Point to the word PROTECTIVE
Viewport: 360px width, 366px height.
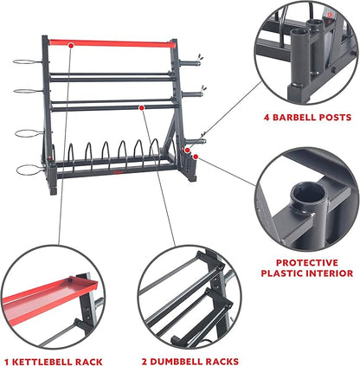click(x=307, y=263)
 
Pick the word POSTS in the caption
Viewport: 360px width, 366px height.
click(x=339, y=118)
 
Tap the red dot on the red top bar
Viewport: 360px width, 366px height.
click(x=71, y=45)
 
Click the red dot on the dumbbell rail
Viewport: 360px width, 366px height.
click(x=141, y=107)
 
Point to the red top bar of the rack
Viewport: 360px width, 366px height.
click(x=112, y=43)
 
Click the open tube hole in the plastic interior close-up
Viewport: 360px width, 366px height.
click(x=306, y=193)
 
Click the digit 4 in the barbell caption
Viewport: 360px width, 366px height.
click(x=267, y=118)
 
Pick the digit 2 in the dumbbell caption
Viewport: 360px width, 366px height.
click(x=145, y=362)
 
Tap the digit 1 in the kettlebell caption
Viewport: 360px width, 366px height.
click(x=7, y=362)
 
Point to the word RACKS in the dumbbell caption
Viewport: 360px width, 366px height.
click(x=224, y=362)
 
